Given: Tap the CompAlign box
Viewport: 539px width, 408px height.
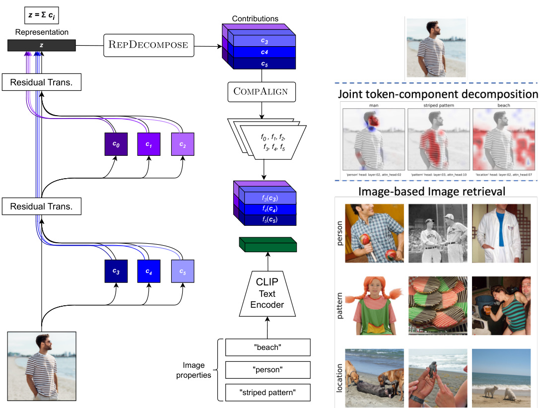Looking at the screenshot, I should (x=261, y=92).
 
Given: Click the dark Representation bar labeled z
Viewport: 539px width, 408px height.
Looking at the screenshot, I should (x=42, y=45).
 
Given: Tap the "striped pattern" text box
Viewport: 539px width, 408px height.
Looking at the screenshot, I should (x=268, y=393).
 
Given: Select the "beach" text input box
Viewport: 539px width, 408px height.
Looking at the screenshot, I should (x=268, y=347).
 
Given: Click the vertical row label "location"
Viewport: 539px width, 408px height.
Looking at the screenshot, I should (x=339, y=377).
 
